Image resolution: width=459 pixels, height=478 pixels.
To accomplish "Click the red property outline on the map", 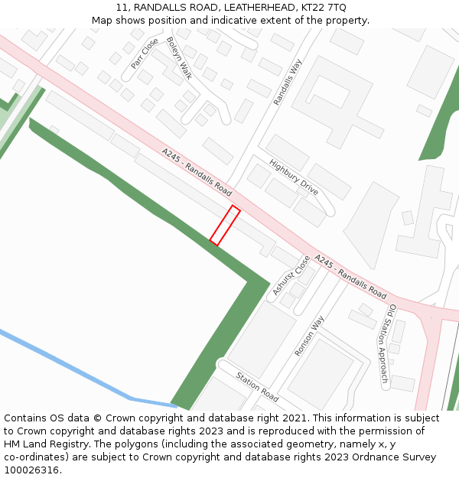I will (225, 226).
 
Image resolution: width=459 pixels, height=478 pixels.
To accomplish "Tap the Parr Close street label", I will (145, 54).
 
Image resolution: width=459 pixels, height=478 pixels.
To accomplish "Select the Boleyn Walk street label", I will (179, 58).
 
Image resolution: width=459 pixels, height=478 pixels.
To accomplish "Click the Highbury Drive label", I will (294, 177).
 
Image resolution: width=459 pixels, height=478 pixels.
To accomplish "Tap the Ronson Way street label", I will (310, 336).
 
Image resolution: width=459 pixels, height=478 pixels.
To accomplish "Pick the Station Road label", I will (257, 387).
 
